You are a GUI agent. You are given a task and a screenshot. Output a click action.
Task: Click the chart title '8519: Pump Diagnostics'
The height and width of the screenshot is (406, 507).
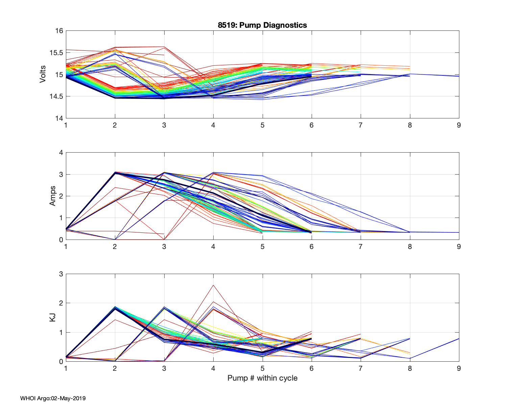262,25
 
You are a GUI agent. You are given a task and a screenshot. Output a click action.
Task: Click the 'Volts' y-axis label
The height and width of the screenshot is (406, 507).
43,74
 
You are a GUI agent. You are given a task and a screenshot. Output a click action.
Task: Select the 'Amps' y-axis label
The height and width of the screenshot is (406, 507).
53,196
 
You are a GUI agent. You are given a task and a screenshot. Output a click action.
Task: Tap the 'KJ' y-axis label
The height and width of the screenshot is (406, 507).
53,317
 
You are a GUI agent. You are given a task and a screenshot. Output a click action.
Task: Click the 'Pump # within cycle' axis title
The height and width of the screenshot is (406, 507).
262,378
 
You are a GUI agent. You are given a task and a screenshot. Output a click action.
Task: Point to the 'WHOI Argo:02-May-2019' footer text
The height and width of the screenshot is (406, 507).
53,398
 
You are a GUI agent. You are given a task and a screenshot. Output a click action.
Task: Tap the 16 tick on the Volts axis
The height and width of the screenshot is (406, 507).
59,31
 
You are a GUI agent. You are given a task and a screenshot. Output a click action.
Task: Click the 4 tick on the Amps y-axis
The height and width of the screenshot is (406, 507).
61,153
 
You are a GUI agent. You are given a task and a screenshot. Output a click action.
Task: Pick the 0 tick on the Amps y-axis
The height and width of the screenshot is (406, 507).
61,240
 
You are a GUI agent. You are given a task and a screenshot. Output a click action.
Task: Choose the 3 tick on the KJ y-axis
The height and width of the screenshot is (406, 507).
61,274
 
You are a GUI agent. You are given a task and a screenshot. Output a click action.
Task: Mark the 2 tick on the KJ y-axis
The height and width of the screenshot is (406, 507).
61,303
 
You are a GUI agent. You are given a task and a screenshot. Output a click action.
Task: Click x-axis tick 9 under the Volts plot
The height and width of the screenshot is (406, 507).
459,125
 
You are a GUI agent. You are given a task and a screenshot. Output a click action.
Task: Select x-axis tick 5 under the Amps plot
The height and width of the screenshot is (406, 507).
262,247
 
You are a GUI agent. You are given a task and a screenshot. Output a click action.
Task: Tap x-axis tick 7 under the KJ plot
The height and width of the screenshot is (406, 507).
361,368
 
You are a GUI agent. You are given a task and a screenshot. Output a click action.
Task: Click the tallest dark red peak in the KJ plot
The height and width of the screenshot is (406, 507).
213,285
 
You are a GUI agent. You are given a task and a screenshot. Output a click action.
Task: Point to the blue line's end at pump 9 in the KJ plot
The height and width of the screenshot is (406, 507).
459,338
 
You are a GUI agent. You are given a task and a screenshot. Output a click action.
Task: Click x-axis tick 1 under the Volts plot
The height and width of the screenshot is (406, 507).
66,125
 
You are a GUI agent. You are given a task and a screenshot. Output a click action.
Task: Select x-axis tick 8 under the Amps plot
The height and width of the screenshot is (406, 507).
410,247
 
